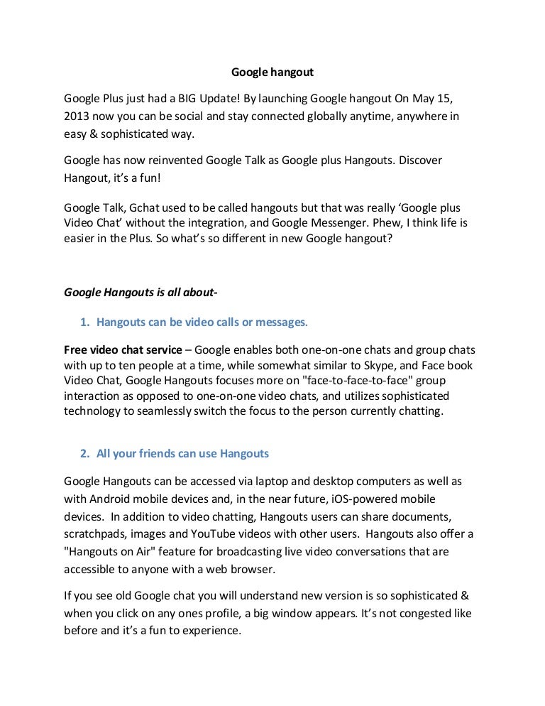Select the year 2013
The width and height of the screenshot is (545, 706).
click(77, 115)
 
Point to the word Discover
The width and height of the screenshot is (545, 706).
click(420, 161)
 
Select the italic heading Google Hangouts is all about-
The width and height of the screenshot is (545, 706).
click(136, 292)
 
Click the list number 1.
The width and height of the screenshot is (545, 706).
click(83, 322)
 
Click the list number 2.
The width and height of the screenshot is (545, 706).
click(83, 453)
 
